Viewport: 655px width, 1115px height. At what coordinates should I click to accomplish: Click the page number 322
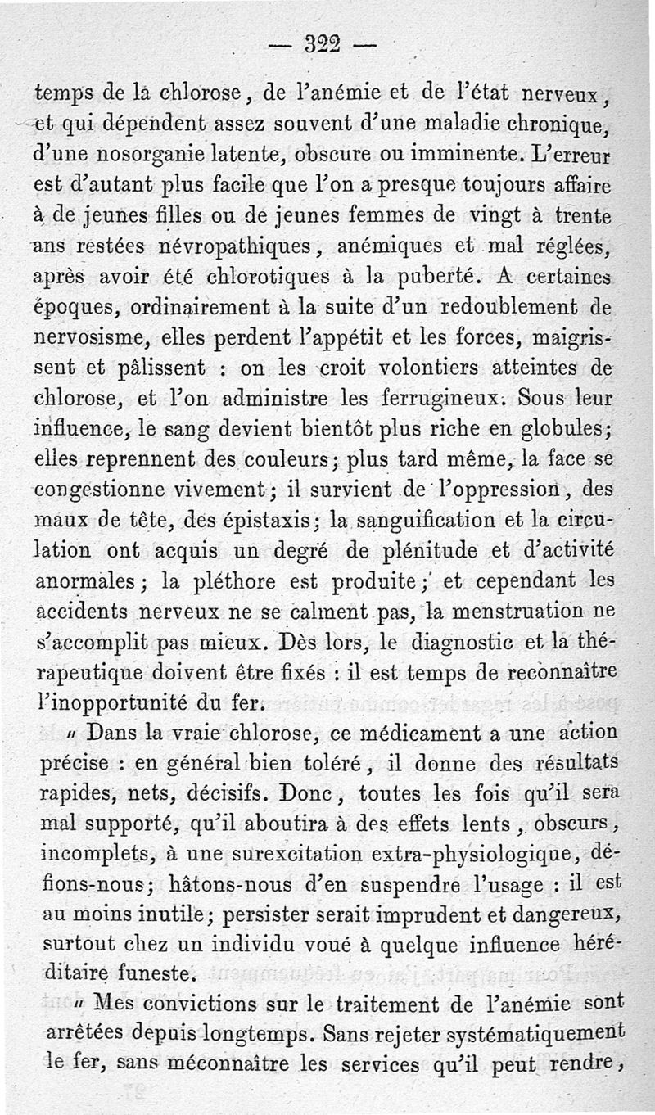click(x=316, y=42)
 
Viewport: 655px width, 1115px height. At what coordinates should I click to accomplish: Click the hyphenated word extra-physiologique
click(x=465, y=853)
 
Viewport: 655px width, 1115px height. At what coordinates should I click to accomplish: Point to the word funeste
click(x=160, y=974)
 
